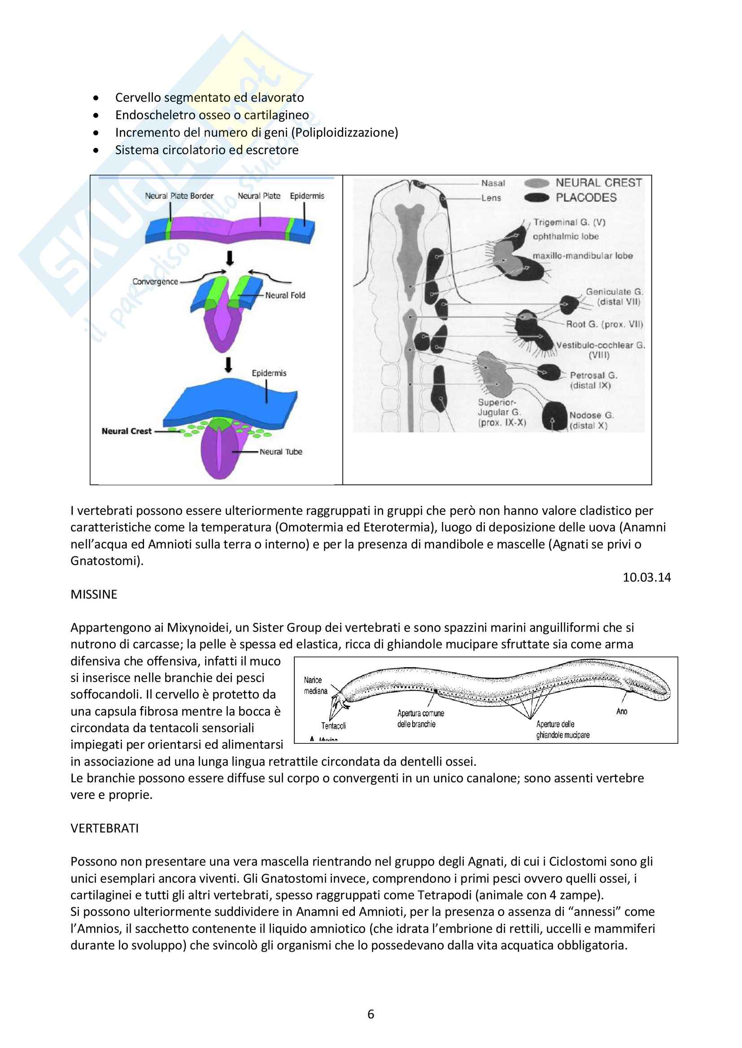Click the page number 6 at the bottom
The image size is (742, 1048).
371,1014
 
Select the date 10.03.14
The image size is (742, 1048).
646,578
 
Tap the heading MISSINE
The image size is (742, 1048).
94,594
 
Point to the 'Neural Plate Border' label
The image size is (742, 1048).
179,196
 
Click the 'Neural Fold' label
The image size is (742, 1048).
285,295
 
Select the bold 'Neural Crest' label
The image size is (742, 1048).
127,431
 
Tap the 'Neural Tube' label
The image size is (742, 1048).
280,452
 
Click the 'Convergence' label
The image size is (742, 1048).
155,282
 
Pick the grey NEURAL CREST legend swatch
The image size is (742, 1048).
537,183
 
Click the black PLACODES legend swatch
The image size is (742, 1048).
537,198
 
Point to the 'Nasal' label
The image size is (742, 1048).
493,183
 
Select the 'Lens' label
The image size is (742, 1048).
491,198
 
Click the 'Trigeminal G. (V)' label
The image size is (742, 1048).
569,222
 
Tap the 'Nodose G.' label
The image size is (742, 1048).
591,415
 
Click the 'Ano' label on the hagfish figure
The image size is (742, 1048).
622,711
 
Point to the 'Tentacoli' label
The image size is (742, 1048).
333,726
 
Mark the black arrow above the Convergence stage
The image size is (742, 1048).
230,258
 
